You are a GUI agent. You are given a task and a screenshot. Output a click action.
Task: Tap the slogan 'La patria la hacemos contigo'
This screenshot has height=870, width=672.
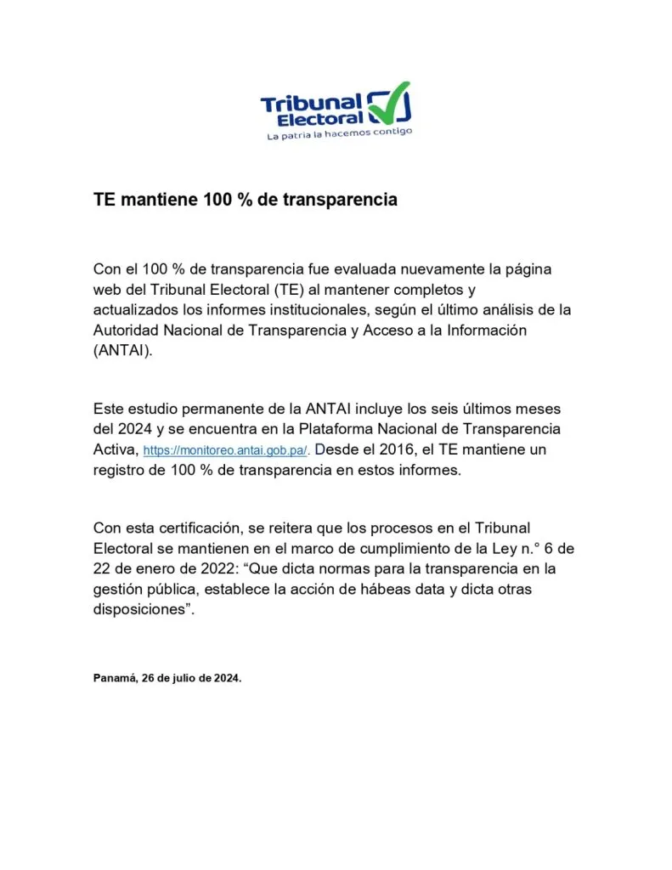[338, 134]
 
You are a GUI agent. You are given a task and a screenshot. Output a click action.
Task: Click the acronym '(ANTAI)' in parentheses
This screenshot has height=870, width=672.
[123, 350]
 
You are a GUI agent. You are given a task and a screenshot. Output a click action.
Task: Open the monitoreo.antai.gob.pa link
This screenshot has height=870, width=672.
[227, 451]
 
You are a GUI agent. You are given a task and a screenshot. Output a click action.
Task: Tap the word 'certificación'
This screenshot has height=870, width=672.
[202, 528]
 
